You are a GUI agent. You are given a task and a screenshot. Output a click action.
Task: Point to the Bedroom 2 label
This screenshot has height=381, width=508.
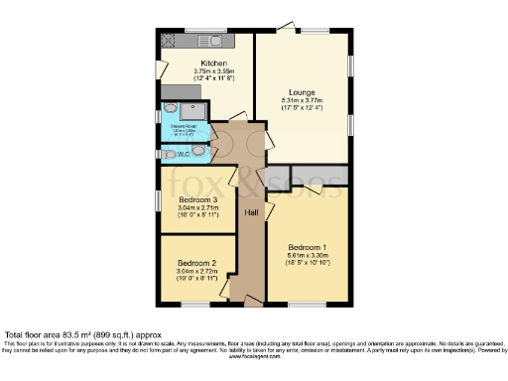(x=195, y=262)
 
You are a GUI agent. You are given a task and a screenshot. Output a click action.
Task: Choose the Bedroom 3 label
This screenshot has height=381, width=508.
(x=195, y=200)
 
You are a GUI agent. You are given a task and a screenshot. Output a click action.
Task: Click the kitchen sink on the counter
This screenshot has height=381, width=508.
(x=212, y=42)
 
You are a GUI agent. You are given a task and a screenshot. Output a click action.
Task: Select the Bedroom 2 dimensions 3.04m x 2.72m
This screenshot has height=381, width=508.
(x=195, y=271)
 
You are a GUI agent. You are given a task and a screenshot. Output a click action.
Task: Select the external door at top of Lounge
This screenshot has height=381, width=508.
(x=286, y=32)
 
